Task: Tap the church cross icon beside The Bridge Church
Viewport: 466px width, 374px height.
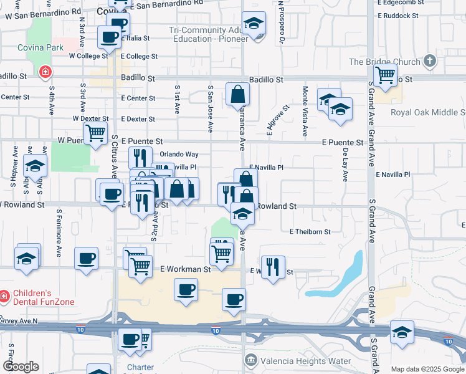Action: coord(429,61)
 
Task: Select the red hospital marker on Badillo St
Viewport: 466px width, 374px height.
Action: coord(45,72)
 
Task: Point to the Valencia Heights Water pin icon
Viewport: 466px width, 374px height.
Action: coord(251,360)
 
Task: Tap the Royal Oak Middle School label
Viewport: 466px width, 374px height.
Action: coord(427,112)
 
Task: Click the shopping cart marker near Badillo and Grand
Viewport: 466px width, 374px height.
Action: coord(386,75)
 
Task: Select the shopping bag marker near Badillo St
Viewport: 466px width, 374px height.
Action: coord(238,95)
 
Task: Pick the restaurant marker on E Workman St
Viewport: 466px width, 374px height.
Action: coord(273,267)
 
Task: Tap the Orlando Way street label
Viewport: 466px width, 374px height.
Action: coord(179,154)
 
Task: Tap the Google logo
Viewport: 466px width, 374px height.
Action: coord(21,367)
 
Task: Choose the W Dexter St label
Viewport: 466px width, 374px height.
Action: coord(90,118)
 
